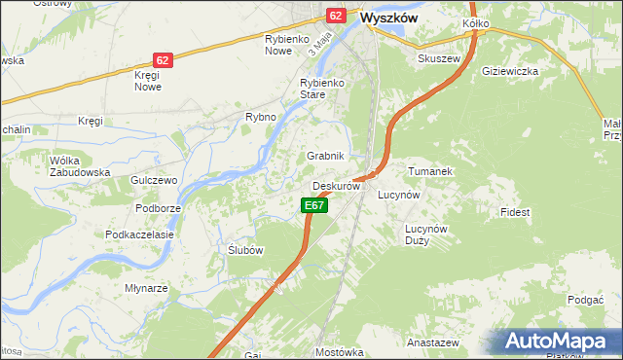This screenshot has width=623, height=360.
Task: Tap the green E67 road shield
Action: point(312,205)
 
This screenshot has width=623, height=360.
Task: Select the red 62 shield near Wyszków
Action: point(337,16)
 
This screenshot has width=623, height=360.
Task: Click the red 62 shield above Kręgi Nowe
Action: point(163,60)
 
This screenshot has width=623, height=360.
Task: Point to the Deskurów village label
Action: point(337,185)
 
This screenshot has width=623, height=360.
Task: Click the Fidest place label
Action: point(515,211)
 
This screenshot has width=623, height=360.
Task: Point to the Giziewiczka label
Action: point(510,71)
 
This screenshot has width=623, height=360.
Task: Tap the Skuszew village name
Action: point(438,58)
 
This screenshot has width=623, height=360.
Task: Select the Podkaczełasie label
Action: point(139,234)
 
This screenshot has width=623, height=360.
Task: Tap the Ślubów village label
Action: point(245,250)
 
